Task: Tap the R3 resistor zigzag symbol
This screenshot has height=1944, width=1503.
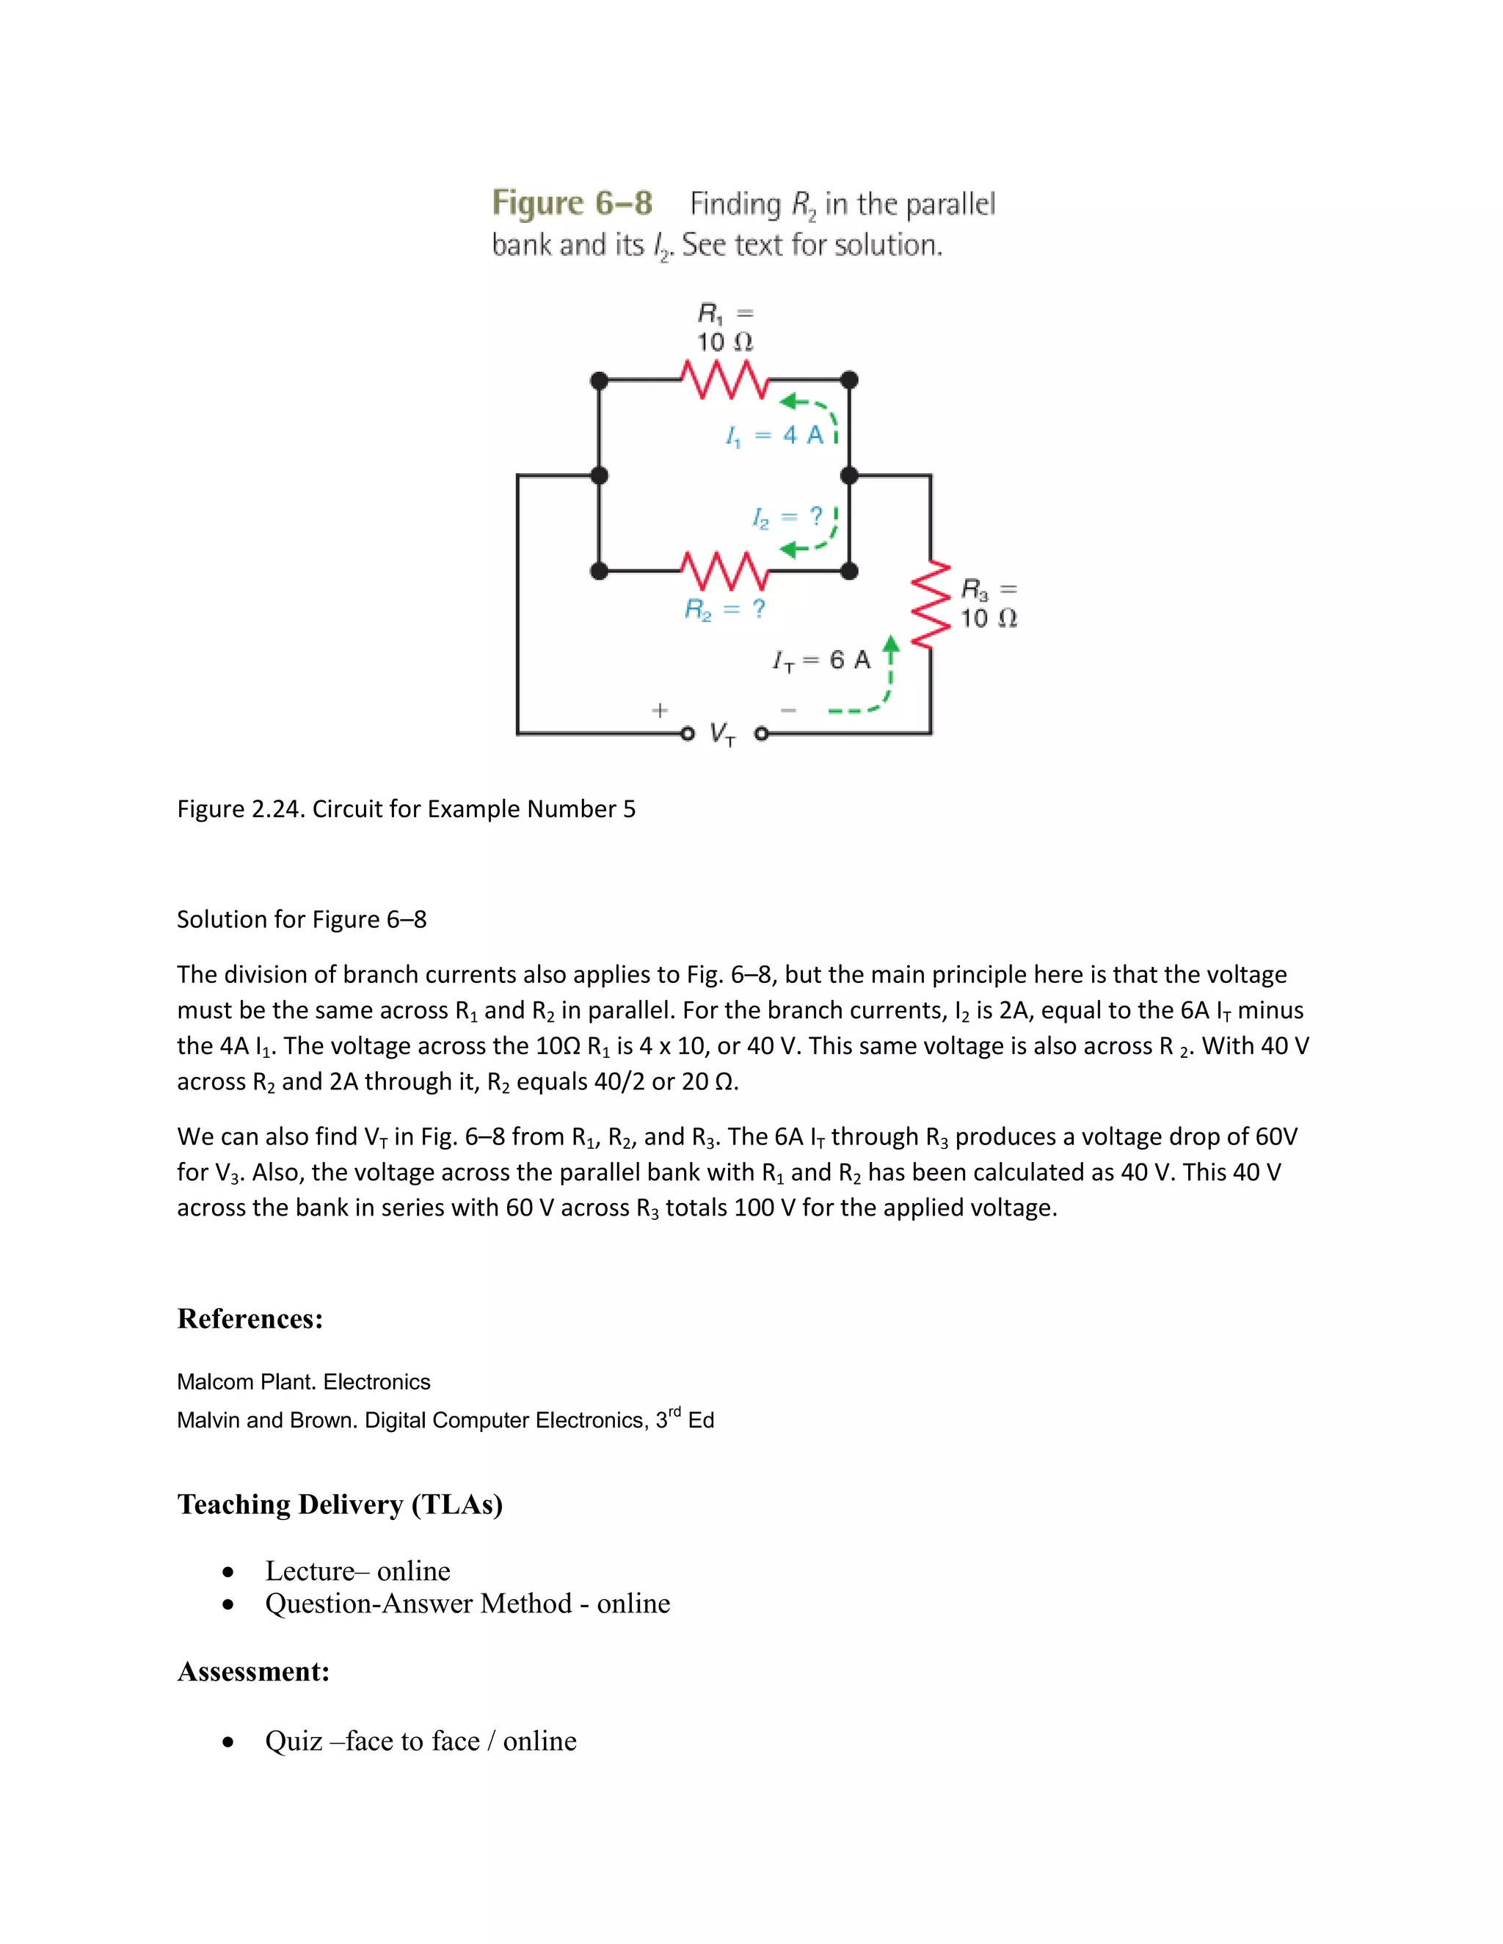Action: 931,604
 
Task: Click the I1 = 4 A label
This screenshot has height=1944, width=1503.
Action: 774,435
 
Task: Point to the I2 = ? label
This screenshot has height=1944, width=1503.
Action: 787,517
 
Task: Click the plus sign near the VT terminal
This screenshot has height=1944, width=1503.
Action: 659,709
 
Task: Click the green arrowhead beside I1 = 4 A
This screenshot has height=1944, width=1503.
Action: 789,402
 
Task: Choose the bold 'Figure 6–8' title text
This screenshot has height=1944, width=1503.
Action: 572,203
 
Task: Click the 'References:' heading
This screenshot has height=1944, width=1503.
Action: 250,1318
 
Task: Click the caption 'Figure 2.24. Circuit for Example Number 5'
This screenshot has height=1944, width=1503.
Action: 406,808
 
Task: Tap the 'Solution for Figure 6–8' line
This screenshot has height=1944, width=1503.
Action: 302,918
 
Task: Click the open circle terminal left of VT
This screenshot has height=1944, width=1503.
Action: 686,734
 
